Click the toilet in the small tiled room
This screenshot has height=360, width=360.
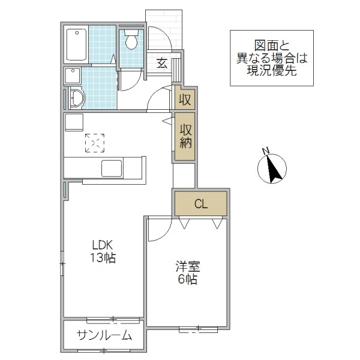131,40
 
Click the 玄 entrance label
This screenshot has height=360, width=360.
162,64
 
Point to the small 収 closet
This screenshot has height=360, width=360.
185,99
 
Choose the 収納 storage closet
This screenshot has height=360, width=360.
185,137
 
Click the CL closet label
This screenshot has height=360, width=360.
200,204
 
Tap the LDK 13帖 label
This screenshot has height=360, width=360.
103,252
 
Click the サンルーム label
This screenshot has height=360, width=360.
104,335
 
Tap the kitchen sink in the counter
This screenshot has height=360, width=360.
112,169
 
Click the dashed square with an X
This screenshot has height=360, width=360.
94,143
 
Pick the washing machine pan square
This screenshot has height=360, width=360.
73,76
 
